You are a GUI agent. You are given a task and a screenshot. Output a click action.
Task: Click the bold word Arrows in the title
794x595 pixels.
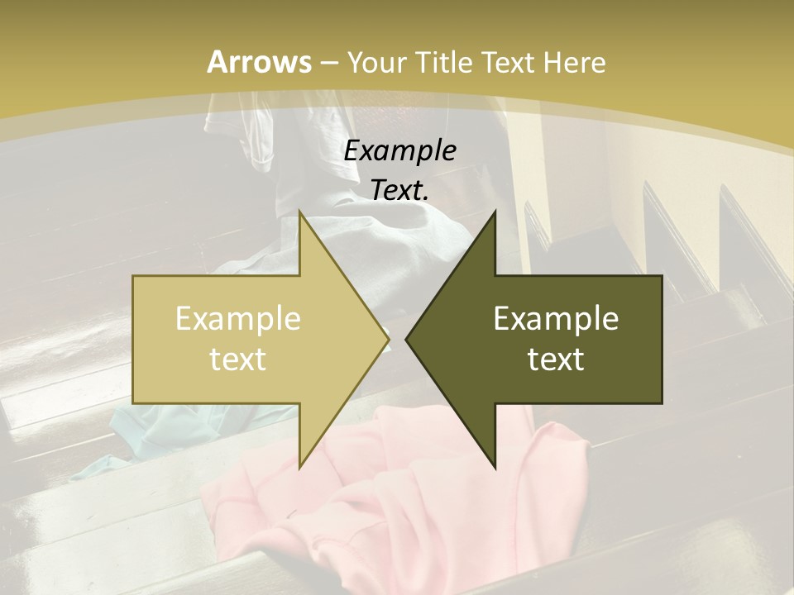[x=259, y=62]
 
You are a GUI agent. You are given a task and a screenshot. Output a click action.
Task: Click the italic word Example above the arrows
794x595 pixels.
[x=399, y=150]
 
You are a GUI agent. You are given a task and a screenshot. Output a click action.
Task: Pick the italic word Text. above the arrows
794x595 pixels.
[x=399, y=190]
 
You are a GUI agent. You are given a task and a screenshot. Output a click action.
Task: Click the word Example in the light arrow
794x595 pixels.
[x=237, y=318]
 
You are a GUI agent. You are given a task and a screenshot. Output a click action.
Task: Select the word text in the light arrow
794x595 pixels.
[x=237, y=359]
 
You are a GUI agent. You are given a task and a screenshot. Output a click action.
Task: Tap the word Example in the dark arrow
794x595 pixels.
[x=556, y=318]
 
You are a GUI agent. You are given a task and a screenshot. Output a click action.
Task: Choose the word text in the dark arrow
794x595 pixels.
[x=556, y=359]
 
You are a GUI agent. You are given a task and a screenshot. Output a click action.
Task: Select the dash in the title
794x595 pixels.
[x=328, y=62]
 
